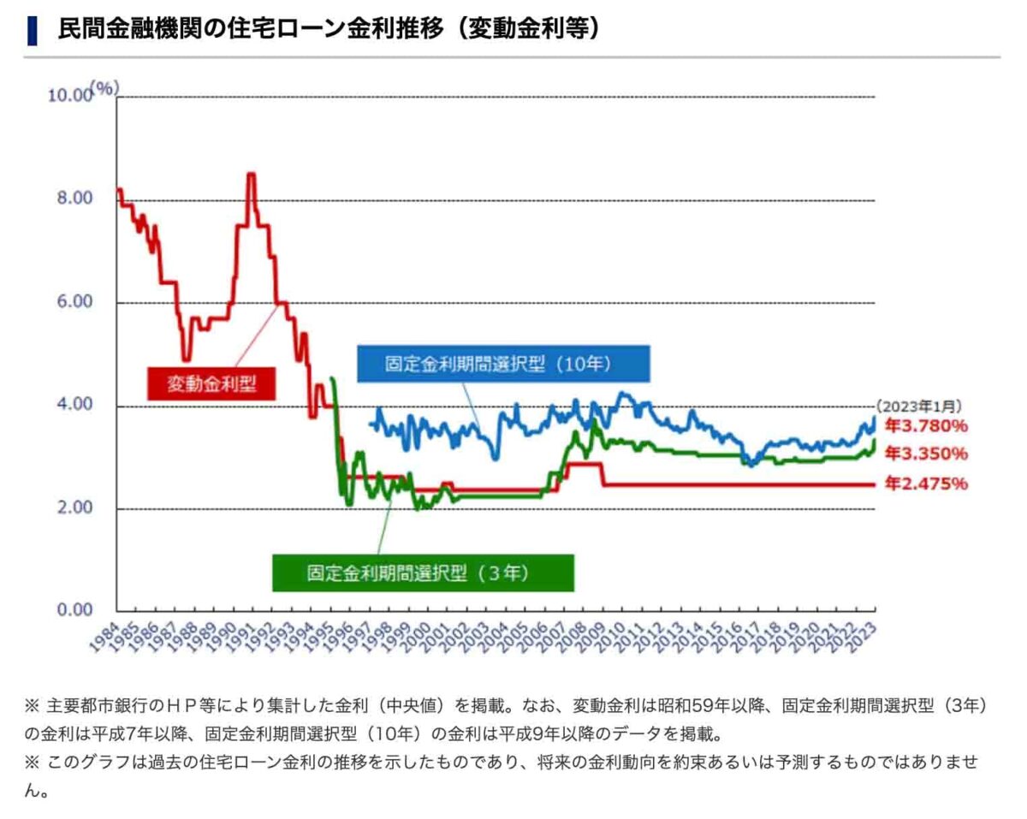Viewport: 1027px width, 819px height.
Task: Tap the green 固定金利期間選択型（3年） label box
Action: (423, 573)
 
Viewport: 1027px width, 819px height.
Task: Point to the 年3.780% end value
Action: (926, 425)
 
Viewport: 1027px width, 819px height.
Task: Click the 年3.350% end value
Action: (926, 453)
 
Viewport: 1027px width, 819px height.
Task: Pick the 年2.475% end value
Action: (926, 484)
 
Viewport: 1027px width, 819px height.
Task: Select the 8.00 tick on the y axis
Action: (74, 199)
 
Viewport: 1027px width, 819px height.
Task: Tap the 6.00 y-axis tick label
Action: (74, 302)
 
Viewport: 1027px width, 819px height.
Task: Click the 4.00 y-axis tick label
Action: (74, 405)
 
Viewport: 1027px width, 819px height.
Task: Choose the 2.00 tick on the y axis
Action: (74, 508)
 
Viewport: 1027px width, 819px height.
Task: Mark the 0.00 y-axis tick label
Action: (74, 611)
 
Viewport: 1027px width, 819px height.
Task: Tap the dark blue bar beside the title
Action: (33, 30)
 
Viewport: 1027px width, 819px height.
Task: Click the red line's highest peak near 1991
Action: (251, 175)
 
